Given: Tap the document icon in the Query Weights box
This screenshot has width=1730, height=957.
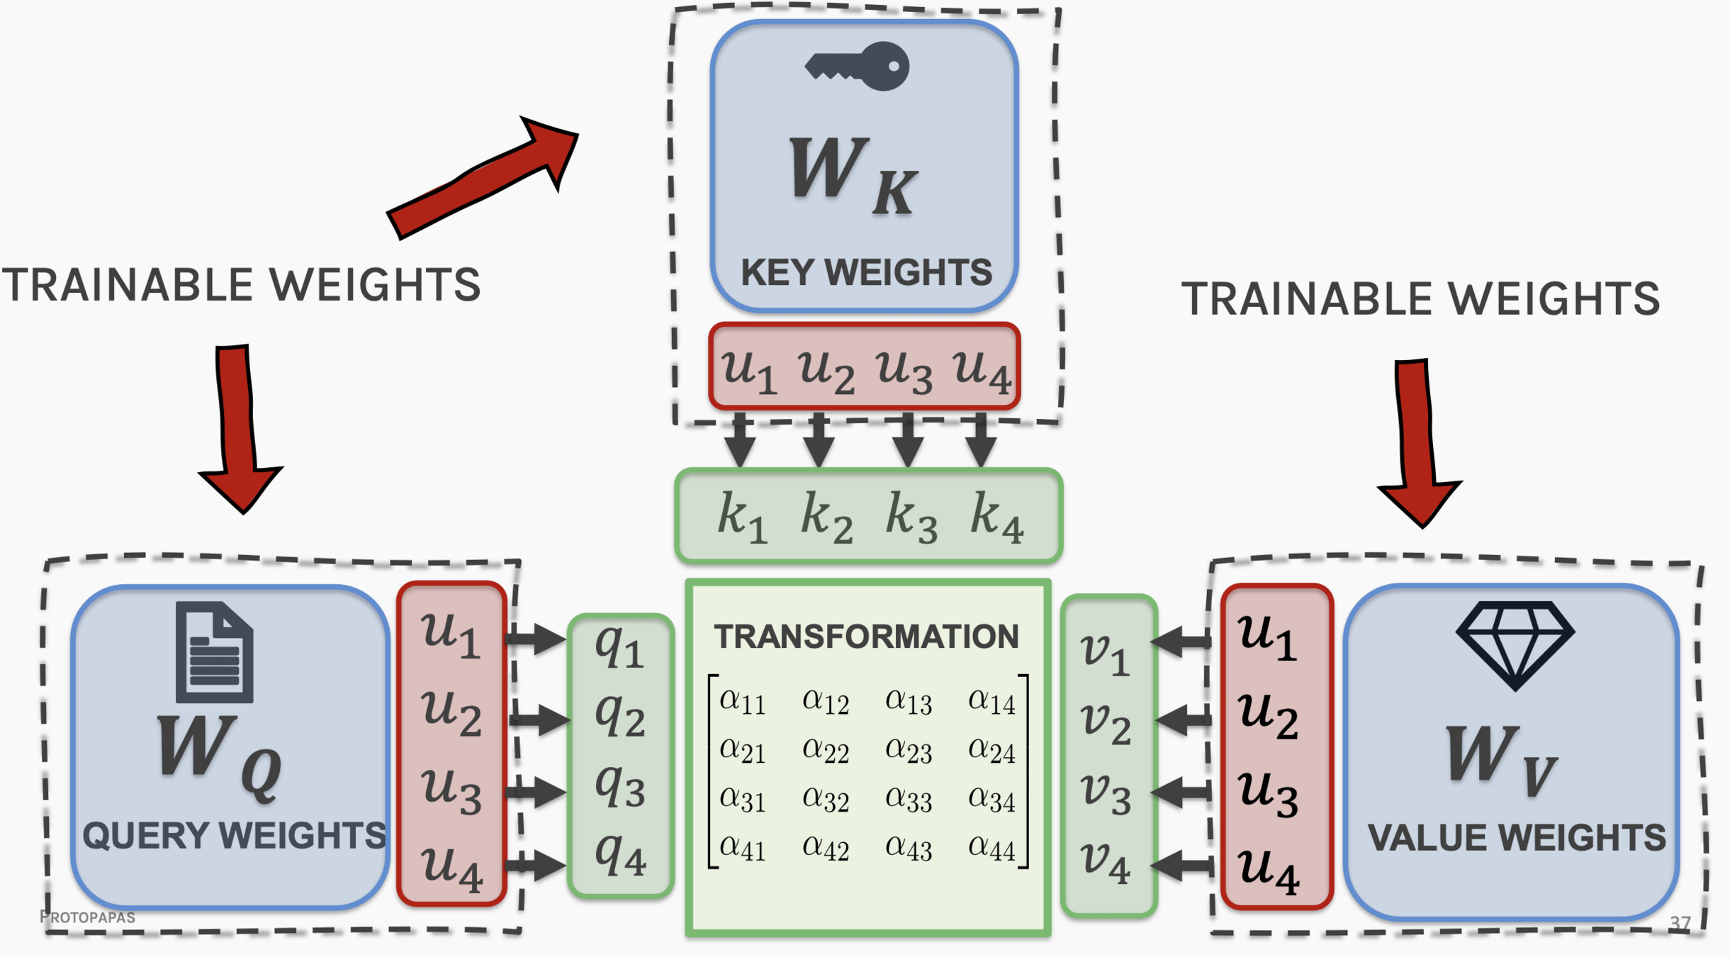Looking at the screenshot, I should coord(214,651).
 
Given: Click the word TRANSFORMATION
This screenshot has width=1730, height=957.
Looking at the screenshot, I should coord(866,637).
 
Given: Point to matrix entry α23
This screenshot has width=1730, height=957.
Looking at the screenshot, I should coord(909,751).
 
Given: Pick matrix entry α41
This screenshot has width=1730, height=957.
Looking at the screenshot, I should coord(742,847).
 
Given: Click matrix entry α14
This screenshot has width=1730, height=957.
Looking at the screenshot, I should coord(992,702).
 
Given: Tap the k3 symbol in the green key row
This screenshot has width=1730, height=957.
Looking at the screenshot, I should coord(911,516).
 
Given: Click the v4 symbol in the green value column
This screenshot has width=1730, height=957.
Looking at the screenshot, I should coord(1105,862).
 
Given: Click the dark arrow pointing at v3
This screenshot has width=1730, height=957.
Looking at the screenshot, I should coord(1181,792).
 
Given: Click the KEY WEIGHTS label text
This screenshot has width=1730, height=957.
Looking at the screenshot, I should coord(866,273).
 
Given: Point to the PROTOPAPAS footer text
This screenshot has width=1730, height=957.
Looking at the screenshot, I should coord(88,917).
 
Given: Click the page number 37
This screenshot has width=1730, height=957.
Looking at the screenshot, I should coord(1680,923).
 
